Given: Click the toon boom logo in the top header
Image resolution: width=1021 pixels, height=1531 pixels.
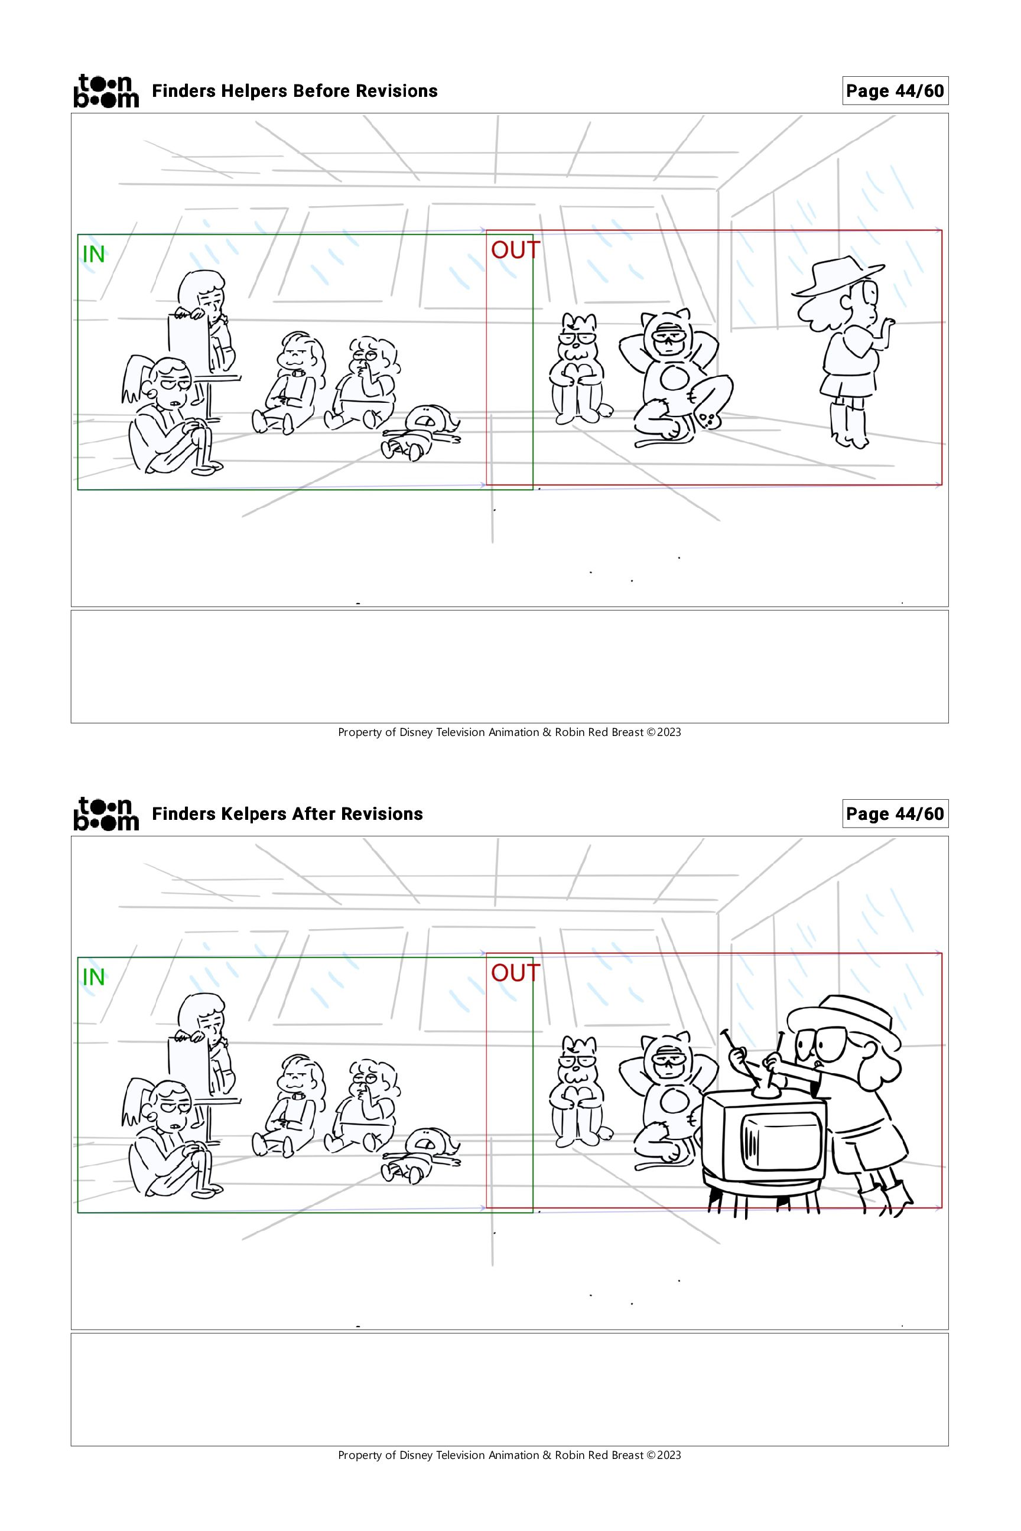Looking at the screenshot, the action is [106, 90].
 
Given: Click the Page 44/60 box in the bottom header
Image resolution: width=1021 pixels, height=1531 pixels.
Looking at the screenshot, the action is [895, 814].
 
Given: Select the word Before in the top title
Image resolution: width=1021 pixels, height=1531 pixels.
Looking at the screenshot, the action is [317, 91].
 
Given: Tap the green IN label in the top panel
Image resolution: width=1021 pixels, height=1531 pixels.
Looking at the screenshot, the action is [94, 255].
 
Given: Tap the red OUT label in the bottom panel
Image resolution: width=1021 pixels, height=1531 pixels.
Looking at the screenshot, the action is [515, 973].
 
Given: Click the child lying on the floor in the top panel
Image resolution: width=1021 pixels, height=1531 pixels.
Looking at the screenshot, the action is [422, 432].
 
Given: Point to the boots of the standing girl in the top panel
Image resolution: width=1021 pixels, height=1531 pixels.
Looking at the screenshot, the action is [850, 424].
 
